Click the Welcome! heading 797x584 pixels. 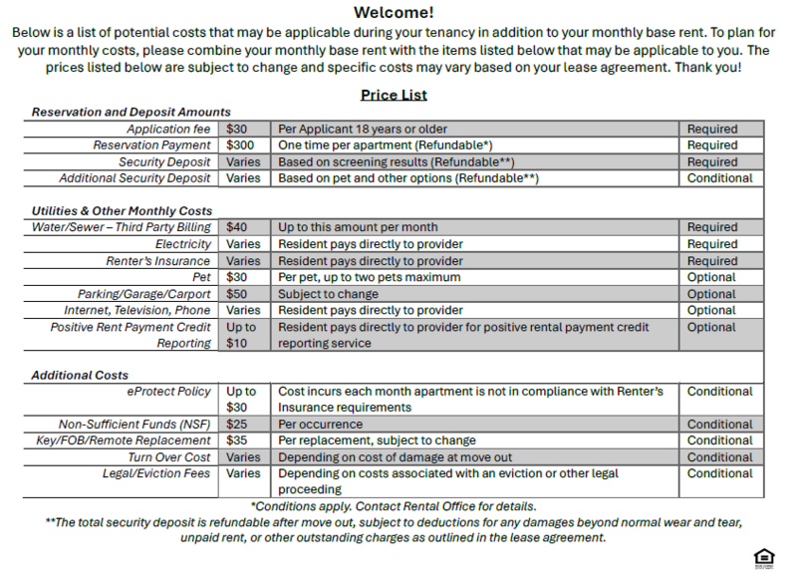[x=394, y=13]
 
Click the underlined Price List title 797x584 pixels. [x=394, y=95]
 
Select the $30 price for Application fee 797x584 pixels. [x=237, y=129]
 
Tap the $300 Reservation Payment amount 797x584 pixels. [x=240, y=146]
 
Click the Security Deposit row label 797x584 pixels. [x=164, y=161]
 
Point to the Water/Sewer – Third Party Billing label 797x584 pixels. [x=122, y=227]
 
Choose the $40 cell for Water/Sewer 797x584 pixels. [x=237, y=227]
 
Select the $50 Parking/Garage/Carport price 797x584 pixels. [x=237, y=294]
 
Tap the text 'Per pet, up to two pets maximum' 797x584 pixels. [x=369, y=277]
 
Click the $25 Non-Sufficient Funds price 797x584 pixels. [x=237, y=425]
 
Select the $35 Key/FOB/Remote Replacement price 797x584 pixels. [x=237, y=440]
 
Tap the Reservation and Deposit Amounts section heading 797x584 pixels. [x=131, y=113]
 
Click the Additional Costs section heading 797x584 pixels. [x=80, y=376]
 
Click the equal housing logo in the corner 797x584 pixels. [x=764, y=558]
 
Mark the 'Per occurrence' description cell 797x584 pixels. [x=321, y=425]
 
